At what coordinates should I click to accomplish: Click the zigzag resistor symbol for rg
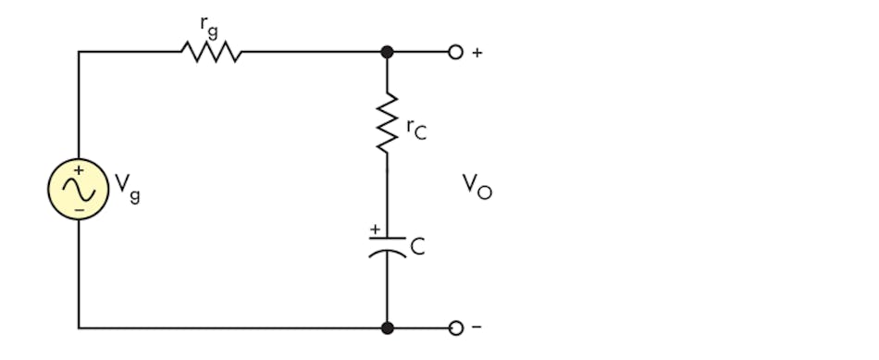tap(211, 52)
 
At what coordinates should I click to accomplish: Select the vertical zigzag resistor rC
tap(388, 122)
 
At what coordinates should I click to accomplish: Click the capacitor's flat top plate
tap(388, 238)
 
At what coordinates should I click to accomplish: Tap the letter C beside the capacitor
tap(417, 247)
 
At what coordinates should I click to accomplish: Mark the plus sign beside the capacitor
tap(375, 229)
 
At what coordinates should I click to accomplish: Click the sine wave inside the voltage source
tap(78, 189)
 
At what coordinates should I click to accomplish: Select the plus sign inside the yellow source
tap(79, 170)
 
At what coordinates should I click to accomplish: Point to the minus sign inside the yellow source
tap(79, 210)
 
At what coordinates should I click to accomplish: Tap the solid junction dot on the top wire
tap(388, 52)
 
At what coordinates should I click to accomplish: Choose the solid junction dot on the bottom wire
tap(388, 328)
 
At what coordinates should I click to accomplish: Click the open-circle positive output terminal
tap(454, 52)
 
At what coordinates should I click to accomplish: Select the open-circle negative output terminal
tap(454, 328)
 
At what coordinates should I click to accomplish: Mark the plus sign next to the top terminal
tap(477, 53)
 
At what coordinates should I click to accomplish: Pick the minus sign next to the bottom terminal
tap(477, 328)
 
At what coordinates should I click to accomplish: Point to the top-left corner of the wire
tap(79, 52)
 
